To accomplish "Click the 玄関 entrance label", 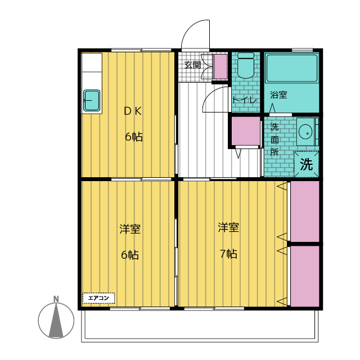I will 193,65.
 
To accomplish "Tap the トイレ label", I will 245,100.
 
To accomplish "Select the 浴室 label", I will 278,95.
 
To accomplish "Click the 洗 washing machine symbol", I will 306,164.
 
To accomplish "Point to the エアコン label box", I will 99,298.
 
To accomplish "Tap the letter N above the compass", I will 56,299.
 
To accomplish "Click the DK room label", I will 133,111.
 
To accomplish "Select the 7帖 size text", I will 228,254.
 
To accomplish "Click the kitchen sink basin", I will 92,101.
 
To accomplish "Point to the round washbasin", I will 306,132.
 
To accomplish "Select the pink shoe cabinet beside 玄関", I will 220,67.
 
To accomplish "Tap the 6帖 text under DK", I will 133,137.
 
